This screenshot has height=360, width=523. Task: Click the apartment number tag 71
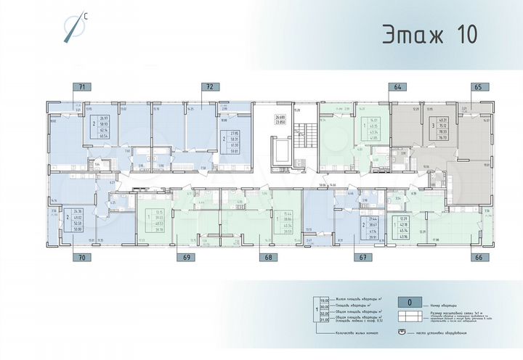82,87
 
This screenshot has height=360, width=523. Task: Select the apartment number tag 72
210,87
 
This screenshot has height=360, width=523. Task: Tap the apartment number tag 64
397,87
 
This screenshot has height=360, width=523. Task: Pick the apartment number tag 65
477,87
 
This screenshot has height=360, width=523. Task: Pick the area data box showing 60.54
103,126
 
